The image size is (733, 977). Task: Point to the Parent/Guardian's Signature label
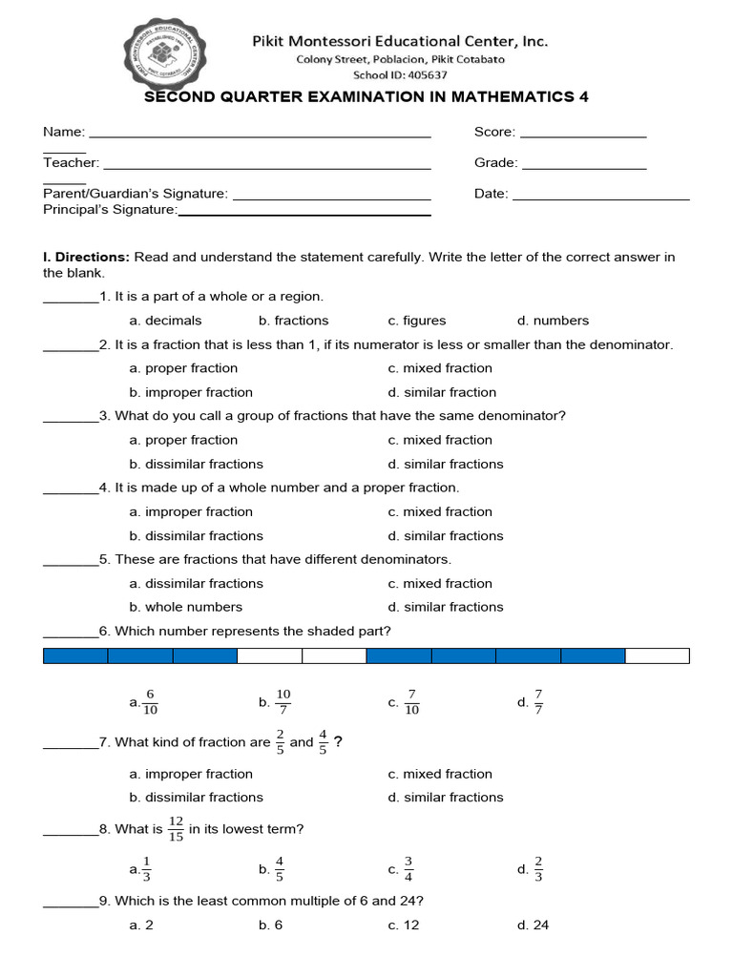136,194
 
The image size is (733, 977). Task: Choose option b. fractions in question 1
293,321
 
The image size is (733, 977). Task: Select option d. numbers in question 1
553,321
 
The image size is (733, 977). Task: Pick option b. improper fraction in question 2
191,392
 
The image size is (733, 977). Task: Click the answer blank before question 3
71,418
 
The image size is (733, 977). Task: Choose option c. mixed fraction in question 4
440,511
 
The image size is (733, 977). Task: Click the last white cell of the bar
657,655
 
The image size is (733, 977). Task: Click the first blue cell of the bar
75,655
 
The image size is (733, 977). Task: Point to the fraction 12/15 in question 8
176,829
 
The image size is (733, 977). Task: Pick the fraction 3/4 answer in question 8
408,869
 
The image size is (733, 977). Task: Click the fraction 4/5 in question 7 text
323,741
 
